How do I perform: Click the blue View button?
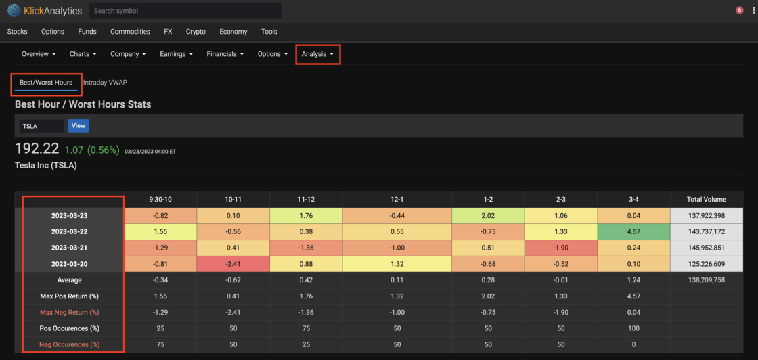tap(79, 126)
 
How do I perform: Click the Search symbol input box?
tap(185, 11)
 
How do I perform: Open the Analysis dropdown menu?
tap(317, 54)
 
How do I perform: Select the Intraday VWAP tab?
tap(105, 82)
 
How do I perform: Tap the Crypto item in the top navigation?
tap(196, 32)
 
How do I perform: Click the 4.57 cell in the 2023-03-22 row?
tap(633, 231)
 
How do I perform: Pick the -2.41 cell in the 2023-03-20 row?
tap(233, 264)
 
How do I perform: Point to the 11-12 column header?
tap(306, 199)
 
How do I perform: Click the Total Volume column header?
tap(707, 199)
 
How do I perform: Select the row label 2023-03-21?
tap(70, 248)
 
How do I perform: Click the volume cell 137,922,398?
tap(707, 215)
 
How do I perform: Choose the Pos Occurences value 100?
tap(633, 329)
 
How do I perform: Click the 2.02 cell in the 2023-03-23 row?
tap(488, 215)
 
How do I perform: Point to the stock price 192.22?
tap(37, 148)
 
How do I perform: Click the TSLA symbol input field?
tap(41, 126)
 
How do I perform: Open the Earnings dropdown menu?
tap(177, 54)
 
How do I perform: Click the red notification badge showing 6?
tap(739, 10)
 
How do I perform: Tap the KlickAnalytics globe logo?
tap(14, 11)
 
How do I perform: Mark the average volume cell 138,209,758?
tap(707, 279)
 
